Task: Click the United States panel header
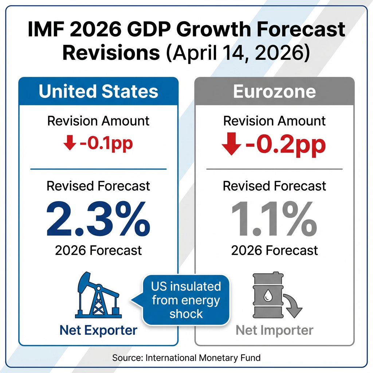coord(98,91)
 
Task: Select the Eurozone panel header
coord(274,91)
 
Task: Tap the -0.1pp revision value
coord(105,144)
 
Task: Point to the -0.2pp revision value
coord(285,145)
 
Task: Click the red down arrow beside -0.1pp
coord(69,144)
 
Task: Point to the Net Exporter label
coord(98,330)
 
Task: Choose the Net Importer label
coord(274,330)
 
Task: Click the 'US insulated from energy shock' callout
coord(186,300)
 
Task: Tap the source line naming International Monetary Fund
coord(186,358)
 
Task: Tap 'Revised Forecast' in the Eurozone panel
coord(274,186)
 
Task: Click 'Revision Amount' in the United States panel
coord(98,121)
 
